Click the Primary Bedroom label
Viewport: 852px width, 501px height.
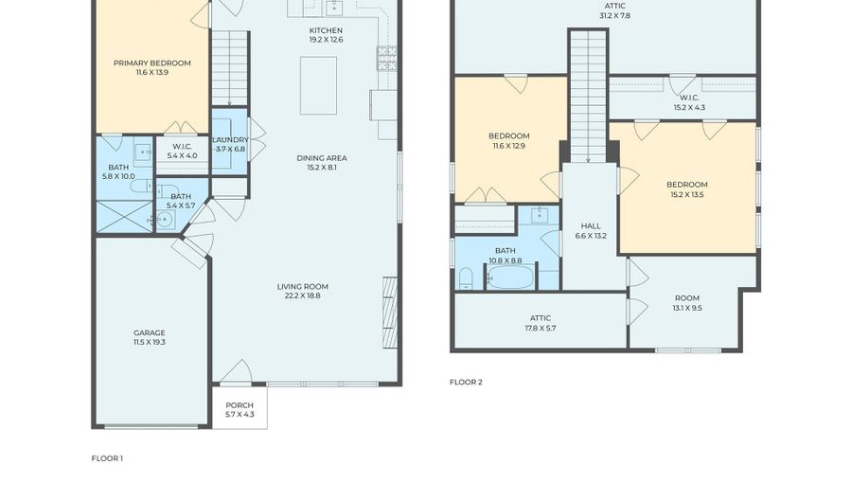click(x=152, y=63)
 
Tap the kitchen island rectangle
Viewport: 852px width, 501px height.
click(x=318, y=85)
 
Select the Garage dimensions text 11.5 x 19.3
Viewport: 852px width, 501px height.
click(x=150, y=342)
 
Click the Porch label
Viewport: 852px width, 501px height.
click(x=240, y=405)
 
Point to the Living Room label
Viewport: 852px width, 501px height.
click(x=303, y=287)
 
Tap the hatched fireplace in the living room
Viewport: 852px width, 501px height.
click(x=390, y=313)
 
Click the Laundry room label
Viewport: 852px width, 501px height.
click(x=230, y=139)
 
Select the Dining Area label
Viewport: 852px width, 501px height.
click(x=322, y=158)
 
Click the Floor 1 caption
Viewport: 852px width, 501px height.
click(x=107, y=458)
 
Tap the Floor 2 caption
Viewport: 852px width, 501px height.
click(x=466, y=382)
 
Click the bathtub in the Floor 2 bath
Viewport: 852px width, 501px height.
click(x=509, y=277)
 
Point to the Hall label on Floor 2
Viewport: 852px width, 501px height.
click(x=591, y=226)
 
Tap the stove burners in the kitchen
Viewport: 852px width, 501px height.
click(x=387, y=59)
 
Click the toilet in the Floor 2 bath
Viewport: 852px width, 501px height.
click(x=466, y=278)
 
